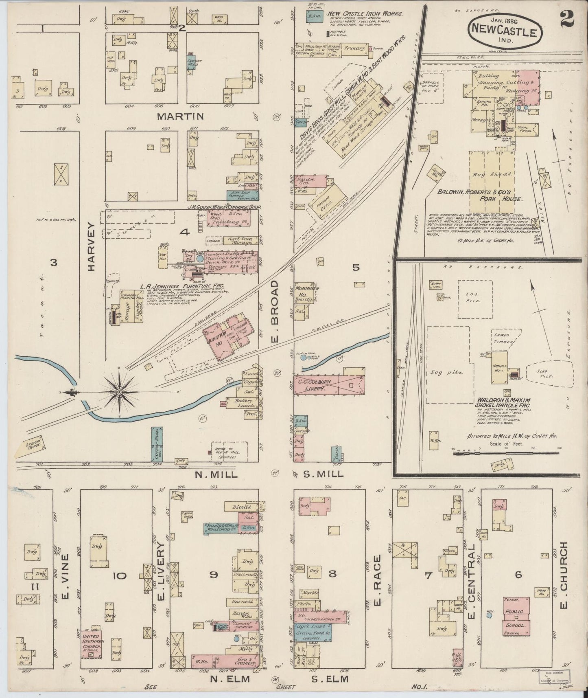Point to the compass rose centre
pos(120,392)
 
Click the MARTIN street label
pos(180,116)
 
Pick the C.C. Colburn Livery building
pos(328,386)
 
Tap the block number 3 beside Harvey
pos(52,263)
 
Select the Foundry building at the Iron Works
pos(354,48)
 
